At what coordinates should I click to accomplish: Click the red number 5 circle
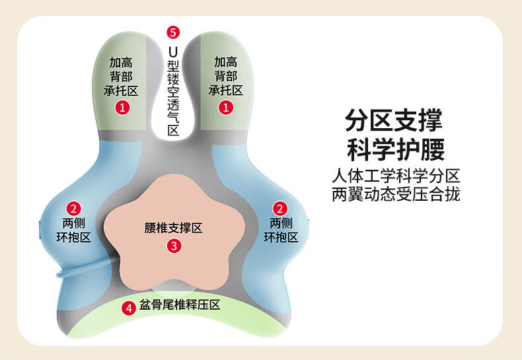point(173,32)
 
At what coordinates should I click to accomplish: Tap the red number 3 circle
point(174,246)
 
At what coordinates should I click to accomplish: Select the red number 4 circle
point(128,308)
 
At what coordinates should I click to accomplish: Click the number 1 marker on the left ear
point(122,108)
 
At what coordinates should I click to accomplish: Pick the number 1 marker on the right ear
point(226,108)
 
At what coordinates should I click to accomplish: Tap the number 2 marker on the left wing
point(73,209)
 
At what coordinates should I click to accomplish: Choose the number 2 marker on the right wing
point(280,209)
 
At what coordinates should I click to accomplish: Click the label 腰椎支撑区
point(173,228)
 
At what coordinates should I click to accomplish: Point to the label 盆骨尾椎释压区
point(180,305)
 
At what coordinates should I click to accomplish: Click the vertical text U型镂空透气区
point(173,90)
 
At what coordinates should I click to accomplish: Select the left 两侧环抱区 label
point(73,230)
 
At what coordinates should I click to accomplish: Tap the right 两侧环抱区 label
point(281,230)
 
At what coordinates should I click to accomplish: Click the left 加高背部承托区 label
point(121,77)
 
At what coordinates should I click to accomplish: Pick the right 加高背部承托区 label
point(226,76)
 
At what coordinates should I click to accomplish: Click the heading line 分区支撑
point(394,120)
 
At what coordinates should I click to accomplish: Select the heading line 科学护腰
point(396,149)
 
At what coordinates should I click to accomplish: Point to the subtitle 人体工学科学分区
point(396,176)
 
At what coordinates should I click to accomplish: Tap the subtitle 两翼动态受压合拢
point(396,194)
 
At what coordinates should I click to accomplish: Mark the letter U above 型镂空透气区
point(173,52)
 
